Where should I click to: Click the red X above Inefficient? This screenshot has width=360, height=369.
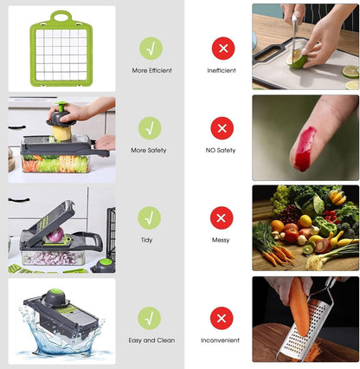(x=222, y=47)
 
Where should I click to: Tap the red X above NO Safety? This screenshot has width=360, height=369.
(x=222, y=128)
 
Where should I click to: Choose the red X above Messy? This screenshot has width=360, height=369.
(x=222, y=217)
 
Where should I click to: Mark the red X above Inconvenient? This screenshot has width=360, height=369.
(x=222, y=318)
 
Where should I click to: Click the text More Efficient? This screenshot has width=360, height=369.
(x=151, y=70)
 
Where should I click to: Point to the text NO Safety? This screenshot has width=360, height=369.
(x=222, y=150)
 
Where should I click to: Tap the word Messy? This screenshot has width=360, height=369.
(x=221, y=240)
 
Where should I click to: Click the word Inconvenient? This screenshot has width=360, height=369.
(x=222, y=340)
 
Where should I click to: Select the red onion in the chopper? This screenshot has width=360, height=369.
(x=56, y=236)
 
